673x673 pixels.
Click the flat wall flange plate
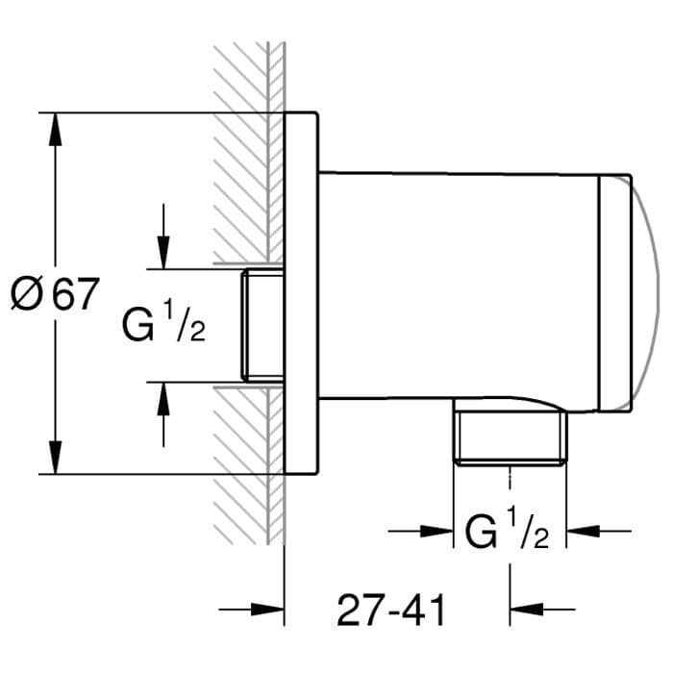point(301,292)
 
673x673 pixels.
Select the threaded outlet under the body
point(510,438)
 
